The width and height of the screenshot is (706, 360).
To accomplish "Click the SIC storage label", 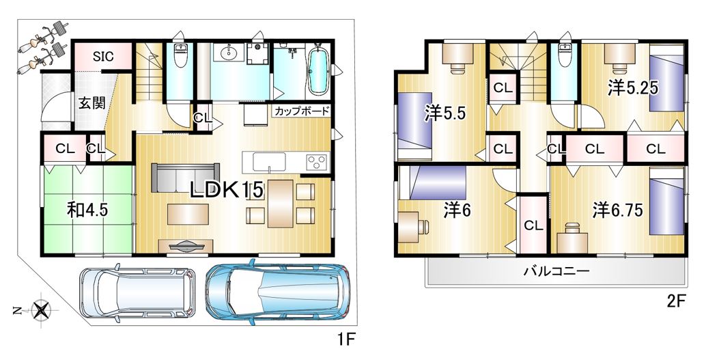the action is [x=103, y=57].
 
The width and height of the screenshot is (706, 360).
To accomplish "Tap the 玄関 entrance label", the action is [x=92, y=103].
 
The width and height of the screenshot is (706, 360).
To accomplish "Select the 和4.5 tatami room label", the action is [x=87, y=210].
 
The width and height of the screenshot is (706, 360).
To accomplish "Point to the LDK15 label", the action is [x=226, y=190].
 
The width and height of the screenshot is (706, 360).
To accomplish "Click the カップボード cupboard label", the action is [x=302, y=111].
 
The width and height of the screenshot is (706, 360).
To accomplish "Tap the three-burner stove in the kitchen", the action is [x=317, y=162].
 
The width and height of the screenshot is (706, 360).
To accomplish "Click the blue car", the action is [x=277, y=290].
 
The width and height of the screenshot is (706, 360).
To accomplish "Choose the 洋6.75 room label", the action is [x=617, y=210].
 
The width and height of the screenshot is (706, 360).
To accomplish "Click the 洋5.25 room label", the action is [x=633, y=88].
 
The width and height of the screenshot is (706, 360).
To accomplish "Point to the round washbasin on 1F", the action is [x=229, y=53].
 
